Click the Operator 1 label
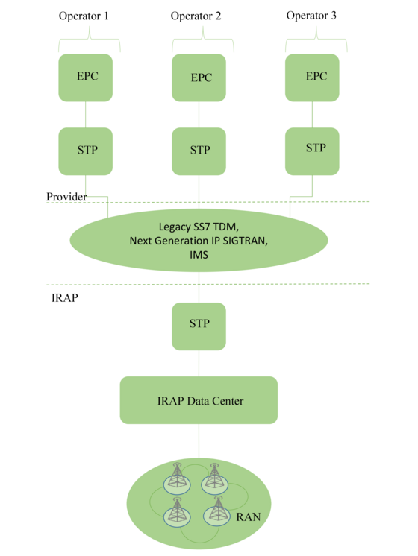[84, 16]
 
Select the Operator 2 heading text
[196, 16]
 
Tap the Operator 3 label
[311, 16]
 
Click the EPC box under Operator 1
[86, 78]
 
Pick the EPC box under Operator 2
[199, 78]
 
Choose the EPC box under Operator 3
[312, 78]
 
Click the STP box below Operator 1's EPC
[86, 151]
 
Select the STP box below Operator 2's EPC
[199, 151]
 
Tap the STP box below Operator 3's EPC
[312, 151]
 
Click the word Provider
[66, 197]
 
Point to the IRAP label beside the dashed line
[65, 298]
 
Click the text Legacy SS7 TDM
[199, 227]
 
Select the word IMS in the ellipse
[199, 255]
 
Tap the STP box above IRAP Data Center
[199, 326]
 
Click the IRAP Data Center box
[199, 400]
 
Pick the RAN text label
[249, 517]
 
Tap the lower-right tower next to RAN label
[216, 511]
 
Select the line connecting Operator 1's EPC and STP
[86, 115]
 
